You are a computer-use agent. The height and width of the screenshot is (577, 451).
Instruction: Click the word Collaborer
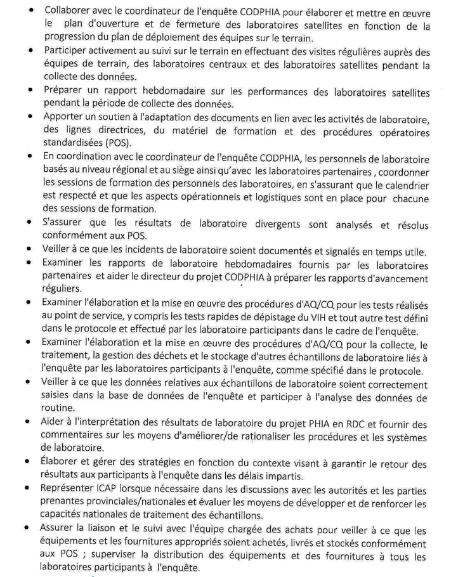click(x=68, y=10)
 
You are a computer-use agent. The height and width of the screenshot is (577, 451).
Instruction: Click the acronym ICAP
click(x=114, y=490)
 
